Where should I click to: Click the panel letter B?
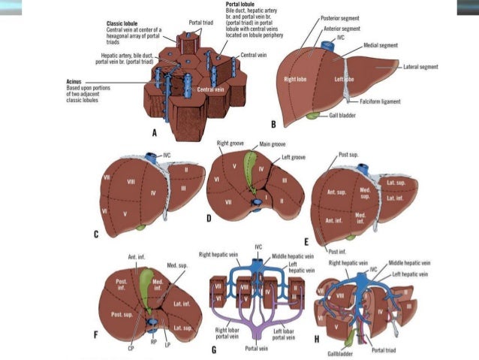tap(273, 124)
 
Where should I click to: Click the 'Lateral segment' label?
tap(420, 67)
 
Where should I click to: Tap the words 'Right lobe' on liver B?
tap(295, 78)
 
